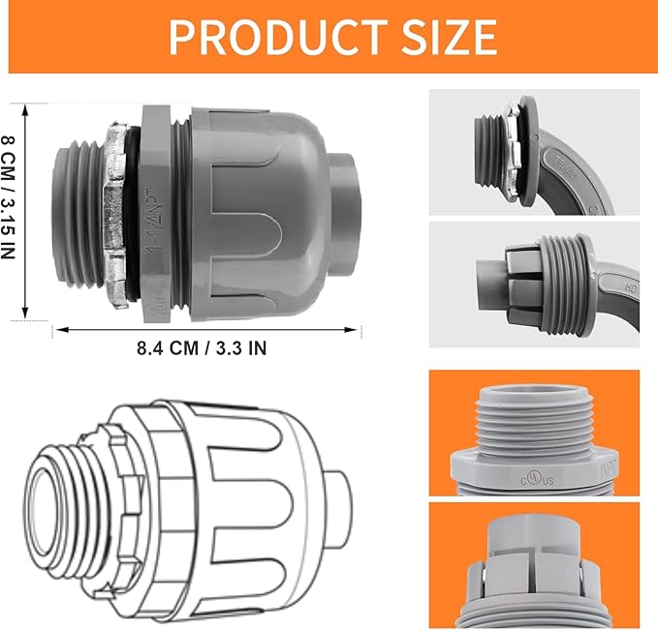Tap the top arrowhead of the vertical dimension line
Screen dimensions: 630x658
pyautogui.click(x=26, y=107)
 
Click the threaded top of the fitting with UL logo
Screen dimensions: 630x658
pyautogui.click(x=531, y=416)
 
